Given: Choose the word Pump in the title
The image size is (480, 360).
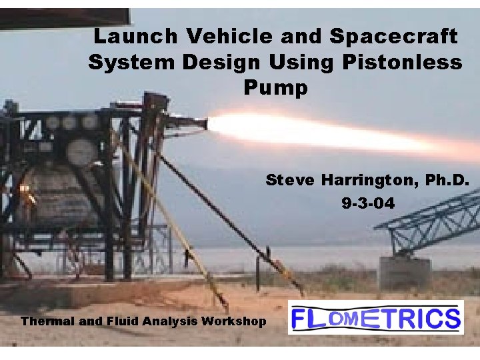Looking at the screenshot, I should pos(275,88).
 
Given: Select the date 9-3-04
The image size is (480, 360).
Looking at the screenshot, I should pos(367,203).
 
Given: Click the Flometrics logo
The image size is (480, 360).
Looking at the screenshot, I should pos(375,317).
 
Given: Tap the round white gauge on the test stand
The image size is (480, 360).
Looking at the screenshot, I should pos(80,153).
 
